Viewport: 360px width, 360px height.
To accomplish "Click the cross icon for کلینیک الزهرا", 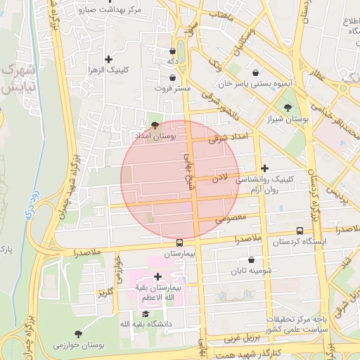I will (108, 60).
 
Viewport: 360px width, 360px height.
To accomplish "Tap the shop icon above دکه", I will (172, 51).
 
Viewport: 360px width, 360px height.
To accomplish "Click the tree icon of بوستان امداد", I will (155, 124).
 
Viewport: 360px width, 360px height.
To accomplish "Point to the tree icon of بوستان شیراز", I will (288, 108).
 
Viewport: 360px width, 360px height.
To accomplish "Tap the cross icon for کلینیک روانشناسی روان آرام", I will (264, 168).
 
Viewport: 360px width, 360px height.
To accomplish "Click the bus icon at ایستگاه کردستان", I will (300, 231).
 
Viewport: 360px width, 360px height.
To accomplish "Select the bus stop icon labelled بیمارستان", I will (179, 243).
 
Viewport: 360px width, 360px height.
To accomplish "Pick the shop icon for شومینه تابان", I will (251, 260).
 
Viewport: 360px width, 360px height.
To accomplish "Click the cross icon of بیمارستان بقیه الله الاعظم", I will (157, 277).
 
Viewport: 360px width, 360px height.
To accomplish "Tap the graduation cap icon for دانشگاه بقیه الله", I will (146, 314).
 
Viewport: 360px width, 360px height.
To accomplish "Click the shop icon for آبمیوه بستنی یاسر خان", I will (254, 72).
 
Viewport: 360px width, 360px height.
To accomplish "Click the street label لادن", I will (220, 178).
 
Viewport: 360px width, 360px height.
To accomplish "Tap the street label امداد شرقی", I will (229, 139).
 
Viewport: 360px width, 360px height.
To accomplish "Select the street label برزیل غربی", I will (242, 339).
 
